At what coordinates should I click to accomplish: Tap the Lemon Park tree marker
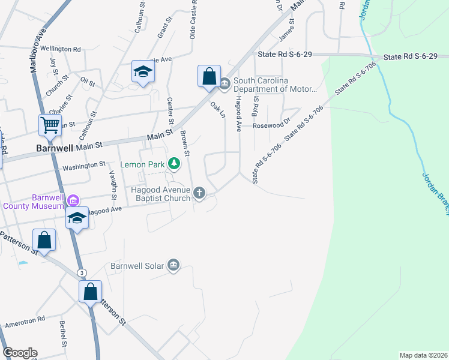[174, 163]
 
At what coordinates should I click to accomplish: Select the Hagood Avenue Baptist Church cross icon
[199, 193]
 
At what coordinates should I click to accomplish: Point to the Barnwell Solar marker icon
[173, 265]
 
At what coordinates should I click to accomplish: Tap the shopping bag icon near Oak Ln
[209, 76]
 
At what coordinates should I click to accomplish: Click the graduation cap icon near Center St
[143, 72]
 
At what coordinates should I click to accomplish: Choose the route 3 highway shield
[82, 273]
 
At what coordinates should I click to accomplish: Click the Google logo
[19, 353]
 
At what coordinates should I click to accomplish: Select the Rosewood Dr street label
[271, 125]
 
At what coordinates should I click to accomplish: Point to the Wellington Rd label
[61, 49]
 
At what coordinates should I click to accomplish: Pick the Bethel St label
[62, 334]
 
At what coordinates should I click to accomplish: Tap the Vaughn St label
[112, 184]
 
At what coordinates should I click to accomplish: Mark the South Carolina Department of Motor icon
[224, 83]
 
